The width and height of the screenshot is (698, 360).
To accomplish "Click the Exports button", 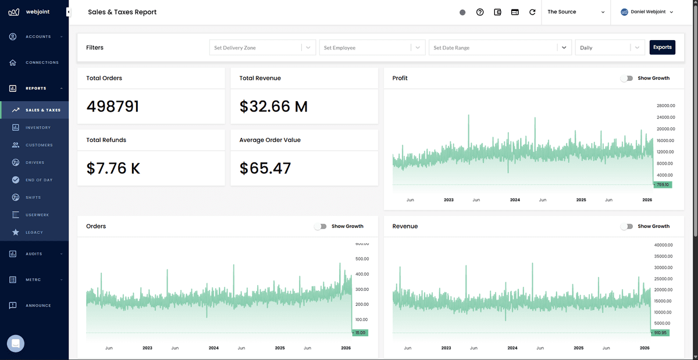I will pos(662,47).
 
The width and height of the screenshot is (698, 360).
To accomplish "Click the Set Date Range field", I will pos(493,48).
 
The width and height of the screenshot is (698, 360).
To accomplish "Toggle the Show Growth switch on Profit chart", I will pos(626,78).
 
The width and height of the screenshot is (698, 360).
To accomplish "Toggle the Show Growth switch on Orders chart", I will pos(320,226).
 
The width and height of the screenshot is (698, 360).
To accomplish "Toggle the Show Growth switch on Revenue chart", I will pos(626,226).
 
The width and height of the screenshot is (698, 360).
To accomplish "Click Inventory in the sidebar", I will pos(38,127).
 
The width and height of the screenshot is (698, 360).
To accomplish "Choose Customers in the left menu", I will pos(39,145).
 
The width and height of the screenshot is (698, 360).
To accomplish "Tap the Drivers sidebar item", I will pos(35,162).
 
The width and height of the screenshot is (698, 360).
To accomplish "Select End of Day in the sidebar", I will pos(39,180).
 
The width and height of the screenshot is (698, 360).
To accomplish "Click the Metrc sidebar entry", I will pos(33,280).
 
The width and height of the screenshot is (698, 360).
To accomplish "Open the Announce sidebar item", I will pos(38,305).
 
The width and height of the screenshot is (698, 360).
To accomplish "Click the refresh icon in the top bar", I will pos(532,12).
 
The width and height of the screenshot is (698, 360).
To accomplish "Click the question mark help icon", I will pos(480,12).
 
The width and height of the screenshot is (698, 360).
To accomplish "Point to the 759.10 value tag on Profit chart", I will pos(662,184).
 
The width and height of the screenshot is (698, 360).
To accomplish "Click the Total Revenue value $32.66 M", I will pos(273,106).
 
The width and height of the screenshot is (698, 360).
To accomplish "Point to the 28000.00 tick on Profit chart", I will pos(665,106).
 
